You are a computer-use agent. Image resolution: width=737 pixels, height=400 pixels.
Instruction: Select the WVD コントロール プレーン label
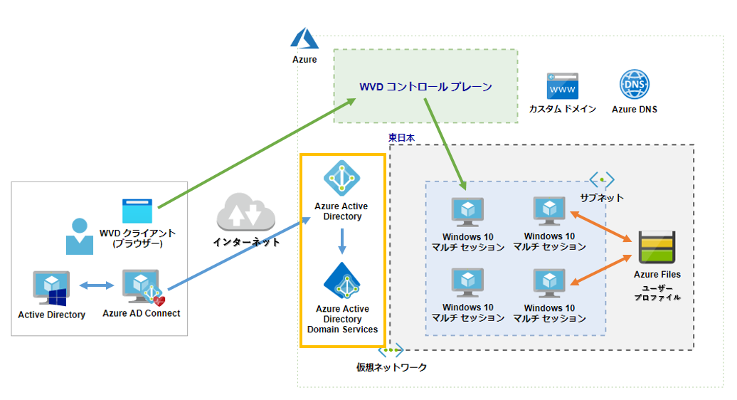(425, 87)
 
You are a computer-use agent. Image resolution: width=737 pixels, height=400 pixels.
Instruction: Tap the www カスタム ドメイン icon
(562, 86)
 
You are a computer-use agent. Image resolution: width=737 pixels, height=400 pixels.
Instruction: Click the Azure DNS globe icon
(634, 85)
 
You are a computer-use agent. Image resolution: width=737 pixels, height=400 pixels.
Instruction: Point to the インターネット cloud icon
(245, 212)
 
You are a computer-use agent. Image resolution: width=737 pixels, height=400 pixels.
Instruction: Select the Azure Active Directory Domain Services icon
(341, 281)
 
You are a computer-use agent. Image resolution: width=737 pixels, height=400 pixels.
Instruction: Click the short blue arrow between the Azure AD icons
(341, 241)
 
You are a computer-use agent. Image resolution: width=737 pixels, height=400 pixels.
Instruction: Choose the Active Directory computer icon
(51, 288)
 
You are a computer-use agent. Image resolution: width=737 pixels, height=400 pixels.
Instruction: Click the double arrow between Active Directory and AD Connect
(96, 285)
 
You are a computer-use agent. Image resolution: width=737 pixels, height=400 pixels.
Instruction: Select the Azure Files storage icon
(657, 248)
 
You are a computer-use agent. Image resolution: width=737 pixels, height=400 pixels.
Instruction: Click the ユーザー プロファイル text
(657, 292)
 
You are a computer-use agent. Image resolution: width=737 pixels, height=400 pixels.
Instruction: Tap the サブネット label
(601, 197)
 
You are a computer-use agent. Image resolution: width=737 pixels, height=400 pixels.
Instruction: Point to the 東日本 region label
(401, 137)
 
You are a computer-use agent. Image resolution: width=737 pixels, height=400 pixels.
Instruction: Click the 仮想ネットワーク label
(391, 367)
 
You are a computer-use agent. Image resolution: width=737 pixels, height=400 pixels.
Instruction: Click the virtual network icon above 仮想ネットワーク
(391, 350)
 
